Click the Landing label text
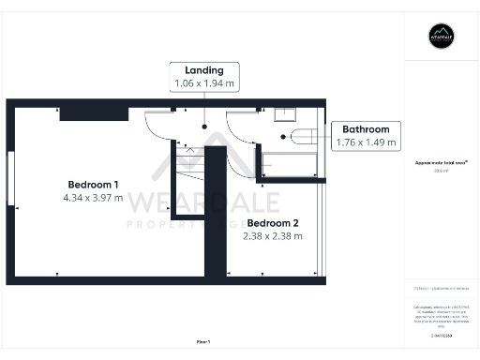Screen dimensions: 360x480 [x=204, y=70]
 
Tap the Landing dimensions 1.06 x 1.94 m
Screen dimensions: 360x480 [x=204, y=83]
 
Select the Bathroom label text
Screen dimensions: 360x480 [x=367, y=129]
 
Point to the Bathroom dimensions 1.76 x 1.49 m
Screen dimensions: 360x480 [x=367, y=142]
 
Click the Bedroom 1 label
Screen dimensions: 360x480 [x=92, y=183]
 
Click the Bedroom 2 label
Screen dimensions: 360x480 [x=273, y=222]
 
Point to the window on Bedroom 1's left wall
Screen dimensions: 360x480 [x=9, y=178]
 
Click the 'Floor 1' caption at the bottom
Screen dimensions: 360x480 [x=203, y=341]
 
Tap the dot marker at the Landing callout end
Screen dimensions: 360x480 [x=204, y=125]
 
